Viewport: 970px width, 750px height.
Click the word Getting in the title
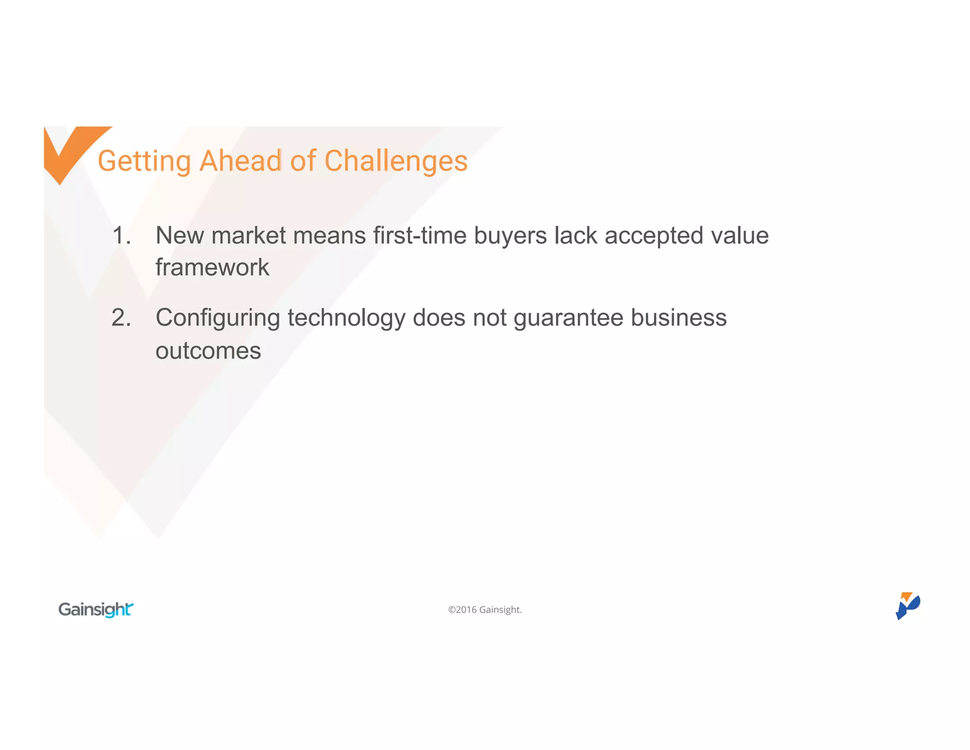(144, 161)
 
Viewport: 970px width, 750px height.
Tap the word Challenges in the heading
(396, 161)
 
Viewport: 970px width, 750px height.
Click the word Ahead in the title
(241, 161)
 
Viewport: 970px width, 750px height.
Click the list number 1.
(121, 236)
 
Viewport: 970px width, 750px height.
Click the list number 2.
(121, 318)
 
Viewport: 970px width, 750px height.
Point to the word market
(248, 236)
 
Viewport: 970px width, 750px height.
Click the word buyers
(510, 236)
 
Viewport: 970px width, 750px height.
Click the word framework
(212, 267)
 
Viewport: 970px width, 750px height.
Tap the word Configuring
(217, 318)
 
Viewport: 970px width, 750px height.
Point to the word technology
(346, 318)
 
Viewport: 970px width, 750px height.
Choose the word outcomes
(208, 351)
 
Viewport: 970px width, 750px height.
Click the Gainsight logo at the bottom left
(96, 609)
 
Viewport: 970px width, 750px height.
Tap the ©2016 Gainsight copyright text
(485, 610)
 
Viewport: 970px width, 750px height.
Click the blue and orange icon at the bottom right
(907, 605)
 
